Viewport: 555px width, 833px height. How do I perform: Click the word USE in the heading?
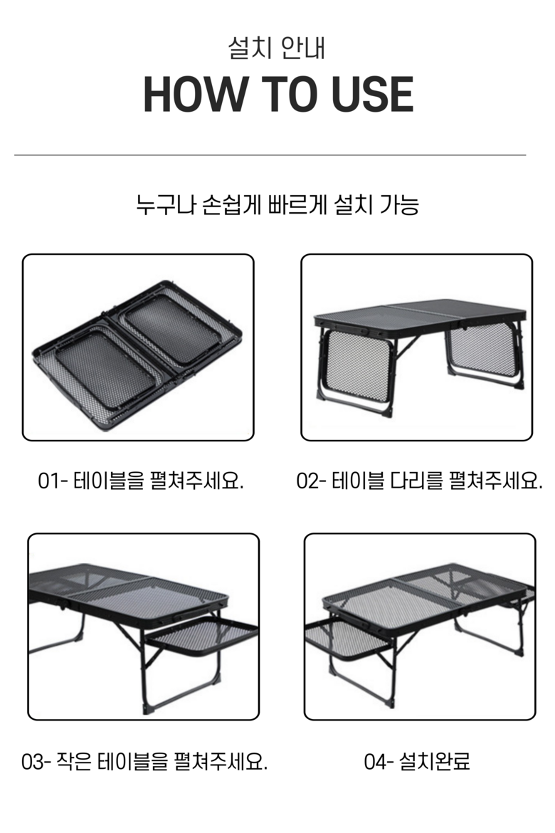372,94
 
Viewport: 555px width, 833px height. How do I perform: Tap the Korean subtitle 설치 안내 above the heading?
277,48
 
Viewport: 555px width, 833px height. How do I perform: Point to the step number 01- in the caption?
53,481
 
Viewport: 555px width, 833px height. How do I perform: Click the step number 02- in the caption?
311,481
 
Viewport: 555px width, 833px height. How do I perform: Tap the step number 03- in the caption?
36,762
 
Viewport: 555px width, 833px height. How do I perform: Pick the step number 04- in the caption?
379,762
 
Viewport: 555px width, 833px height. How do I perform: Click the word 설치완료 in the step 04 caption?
435,762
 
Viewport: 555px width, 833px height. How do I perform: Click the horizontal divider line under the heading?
270,155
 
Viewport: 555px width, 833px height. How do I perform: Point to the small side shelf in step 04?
348,639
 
